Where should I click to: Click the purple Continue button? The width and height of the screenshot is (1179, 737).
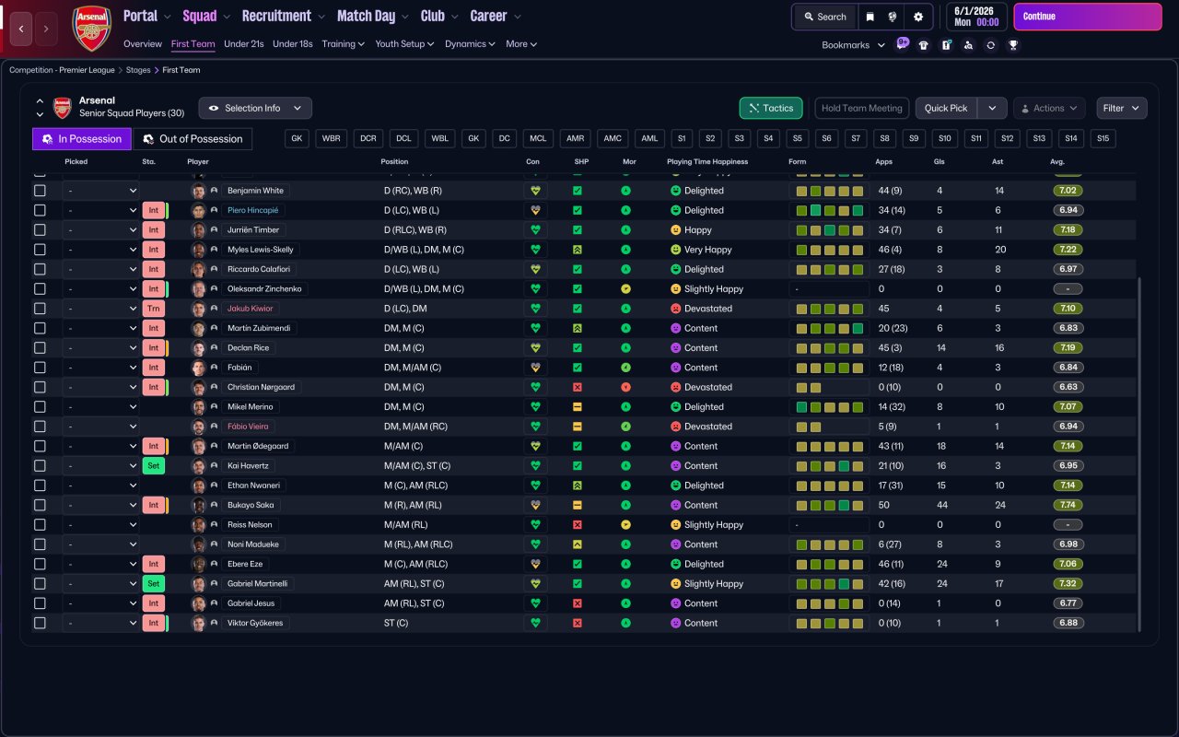pyautogui.click(x=1088, y=17)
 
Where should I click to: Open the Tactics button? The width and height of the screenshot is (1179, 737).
pyautogui.click(x=771, y=108)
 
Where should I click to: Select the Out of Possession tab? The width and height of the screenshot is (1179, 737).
pyautogui.click(x=193, y=139)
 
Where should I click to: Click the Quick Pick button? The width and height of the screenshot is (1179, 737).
pyautogui.click(x=946, y=108)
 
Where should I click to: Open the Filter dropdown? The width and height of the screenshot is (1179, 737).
pyautogui.click(x=1121, y=108)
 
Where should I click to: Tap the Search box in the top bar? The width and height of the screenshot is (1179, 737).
pyautogui.click(x=824, y=17)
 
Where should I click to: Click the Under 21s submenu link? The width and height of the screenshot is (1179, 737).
pyautogui.click(x=244, y=43)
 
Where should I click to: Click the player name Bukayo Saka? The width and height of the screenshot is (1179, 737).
pyautogui.click(x=251, y=505)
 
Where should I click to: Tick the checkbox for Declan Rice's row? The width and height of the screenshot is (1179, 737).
pyautogui.click(x=40, y=348)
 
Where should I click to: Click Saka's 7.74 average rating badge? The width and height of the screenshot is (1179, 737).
pyautogui.click(x=1068, y=505)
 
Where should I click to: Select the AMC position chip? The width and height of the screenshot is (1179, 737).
pyautogui.click(x=613, y=138)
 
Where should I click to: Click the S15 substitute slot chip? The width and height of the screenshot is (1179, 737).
pyautogui.click(x=1103, y=138)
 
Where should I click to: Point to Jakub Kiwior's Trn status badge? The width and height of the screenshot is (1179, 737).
pyautogui.click(x=153, y=309)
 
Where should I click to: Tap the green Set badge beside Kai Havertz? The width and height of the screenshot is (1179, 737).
pyautogui.click(x=153, y=466)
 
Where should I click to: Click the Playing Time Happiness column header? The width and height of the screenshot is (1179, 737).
pyautogui.click(x=706, y=161)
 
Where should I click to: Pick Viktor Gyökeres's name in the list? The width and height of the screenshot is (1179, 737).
pyautogui.click(x=255, y=623)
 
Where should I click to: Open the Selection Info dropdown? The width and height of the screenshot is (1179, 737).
pyautogui.click(x=255, y=108)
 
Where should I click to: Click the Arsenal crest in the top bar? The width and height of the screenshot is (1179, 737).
pyautogui.click(x=91, y=29)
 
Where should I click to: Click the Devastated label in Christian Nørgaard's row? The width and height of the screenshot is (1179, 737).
pyautogui.click(x=708, y=387)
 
